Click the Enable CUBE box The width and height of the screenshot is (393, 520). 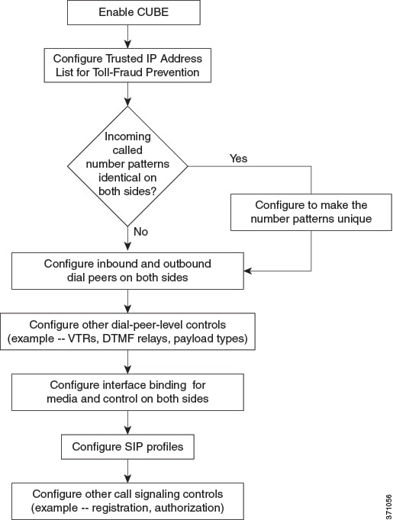(134, 12)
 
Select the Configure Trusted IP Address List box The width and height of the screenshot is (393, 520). (127, 66)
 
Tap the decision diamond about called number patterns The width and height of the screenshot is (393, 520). (127, 166)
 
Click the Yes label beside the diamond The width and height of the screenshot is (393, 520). (238, 159)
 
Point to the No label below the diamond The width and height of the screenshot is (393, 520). (140, 232)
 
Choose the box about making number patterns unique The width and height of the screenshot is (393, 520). (311, 212)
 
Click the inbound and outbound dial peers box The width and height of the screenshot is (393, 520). (127, 271)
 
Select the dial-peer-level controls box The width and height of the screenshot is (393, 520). (127, 332)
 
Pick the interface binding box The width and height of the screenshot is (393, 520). (127, 393)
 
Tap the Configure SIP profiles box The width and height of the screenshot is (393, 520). (127, 447)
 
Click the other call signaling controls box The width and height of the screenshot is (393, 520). (127, 501)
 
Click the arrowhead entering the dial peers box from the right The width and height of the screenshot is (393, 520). (247, 271)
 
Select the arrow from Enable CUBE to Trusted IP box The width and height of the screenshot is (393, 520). (127, 37)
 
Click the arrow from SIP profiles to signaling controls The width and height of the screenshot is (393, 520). (127, 471)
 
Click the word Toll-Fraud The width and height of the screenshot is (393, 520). (117, 72)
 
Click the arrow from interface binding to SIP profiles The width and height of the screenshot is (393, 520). (127, 423)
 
